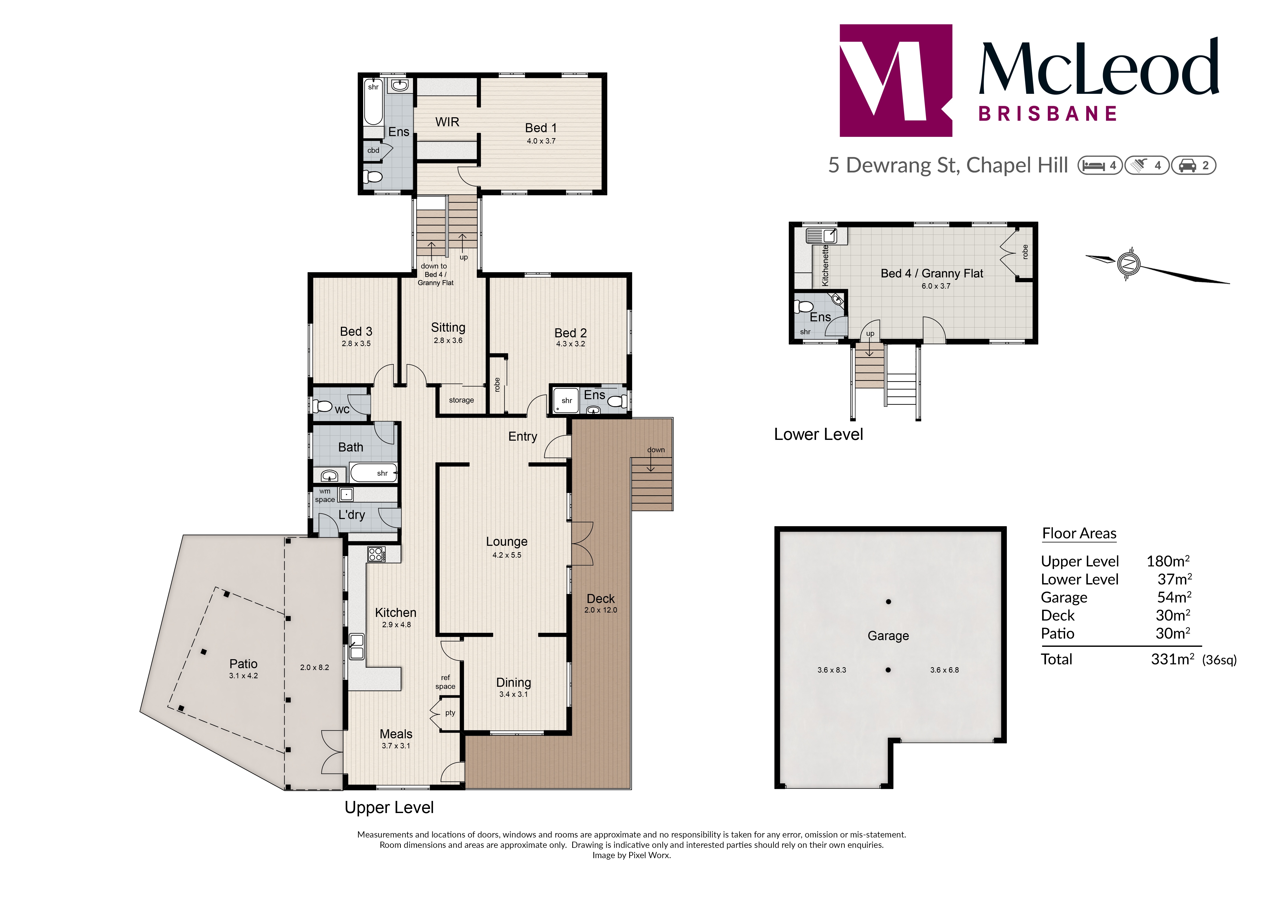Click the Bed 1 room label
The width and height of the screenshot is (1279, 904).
pos(540,128)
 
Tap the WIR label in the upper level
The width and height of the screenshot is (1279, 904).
pos(447,122)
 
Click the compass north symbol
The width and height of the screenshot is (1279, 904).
pos(1128,263)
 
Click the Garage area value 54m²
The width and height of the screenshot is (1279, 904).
pos(1174,597)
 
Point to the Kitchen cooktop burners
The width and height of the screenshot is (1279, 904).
pos(376,554)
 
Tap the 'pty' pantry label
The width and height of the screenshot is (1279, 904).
pos(450,713)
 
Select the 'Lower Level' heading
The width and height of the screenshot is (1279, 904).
pos(818,434)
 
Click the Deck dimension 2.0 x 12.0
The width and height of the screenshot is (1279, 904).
pos(601,610)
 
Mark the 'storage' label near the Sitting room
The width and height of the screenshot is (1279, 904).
pos(461,400)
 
